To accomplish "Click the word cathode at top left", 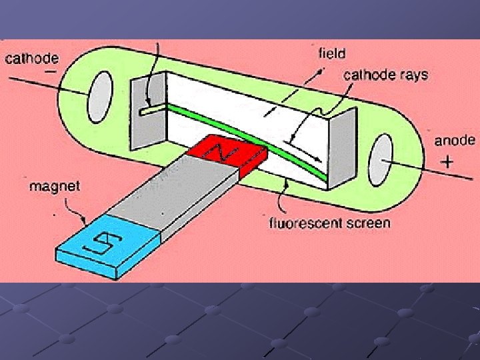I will click(32, 59).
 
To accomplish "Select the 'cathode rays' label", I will click(385, 75).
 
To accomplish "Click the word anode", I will click(455, 140).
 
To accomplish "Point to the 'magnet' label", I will click(54, 186).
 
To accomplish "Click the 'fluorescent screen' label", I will click(329, 223).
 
